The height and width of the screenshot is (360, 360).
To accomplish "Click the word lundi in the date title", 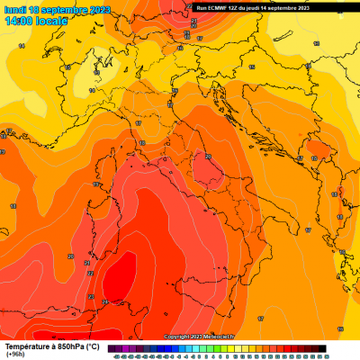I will (x=14, y=9).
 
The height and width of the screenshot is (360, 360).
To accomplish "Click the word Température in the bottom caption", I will (x=27, y=346).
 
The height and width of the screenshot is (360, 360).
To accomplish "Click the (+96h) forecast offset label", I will (x=15, y=355).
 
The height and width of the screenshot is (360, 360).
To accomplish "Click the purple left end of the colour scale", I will (x=112, y=348).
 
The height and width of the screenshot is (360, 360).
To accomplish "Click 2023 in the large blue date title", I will (x=100, y=9).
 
